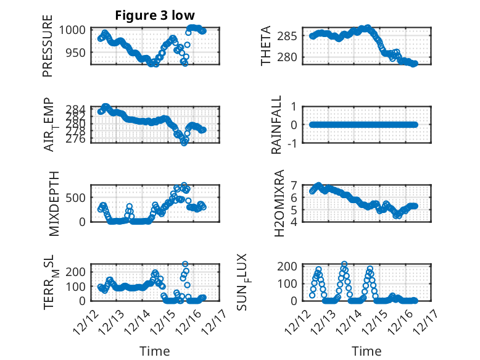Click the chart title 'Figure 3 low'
tap(155, 15)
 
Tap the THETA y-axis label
tap(267, 46)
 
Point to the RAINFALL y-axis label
tap(277, 125)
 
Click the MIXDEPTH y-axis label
tap(48, 203)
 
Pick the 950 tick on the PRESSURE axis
tap(79, 53)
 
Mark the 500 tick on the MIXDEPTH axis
tap(79, 198)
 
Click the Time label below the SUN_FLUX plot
tap(367, 351)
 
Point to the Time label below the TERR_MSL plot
tap(155, 351)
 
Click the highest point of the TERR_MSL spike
tap(185, 264)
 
